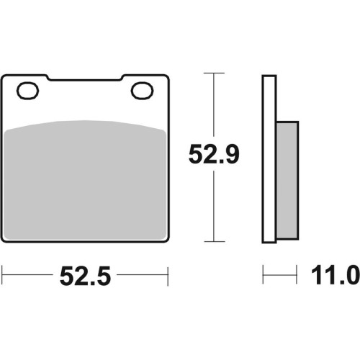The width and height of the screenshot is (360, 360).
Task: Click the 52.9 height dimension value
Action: [x=214, y=154]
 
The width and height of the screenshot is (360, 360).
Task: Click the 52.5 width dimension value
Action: [x=86, y=276]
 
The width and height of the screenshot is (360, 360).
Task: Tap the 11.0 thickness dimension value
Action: [x=336, y=275]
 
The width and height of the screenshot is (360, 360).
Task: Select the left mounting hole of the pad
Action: [x=27, y=91]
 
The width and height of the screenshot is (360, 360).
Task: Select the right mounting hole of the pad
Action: [x=142, y=91]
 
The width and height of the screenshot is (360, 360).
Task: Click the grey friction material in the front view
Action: [x=86, y=180]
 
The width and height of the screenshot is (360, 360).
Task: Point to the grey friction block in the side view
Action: [x=287, y=181]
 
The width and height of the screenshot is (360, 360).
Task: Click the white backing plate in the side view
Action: [x=269, y=159]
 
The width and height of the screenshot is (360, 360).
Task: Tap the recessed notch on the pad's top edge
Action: [x=85, y=78]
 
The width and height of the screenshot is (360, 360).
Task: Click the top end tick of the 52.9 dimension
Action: [x=214, y=73]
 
